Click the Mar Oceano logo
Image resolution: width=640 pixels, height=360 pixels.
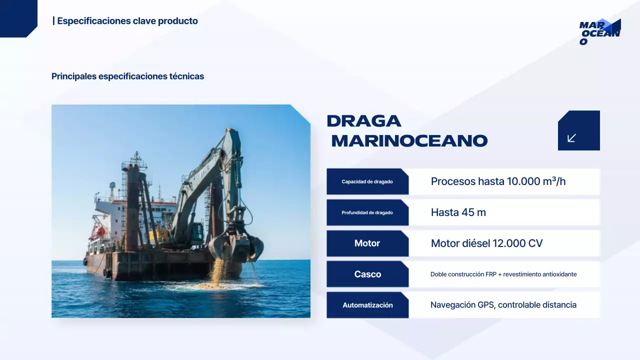tap(599, 31)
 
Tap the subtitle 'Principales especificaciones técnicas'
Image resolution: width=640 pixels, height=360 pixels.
tap(127, 76)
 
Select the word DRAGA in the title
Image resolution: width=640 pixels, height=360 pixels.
tap(364, 121)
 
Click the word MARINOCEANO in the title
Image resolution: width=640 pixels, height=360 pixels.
tap(409, 141)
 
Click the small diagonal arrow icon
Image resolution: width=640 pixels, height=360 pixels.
tap(572, 138)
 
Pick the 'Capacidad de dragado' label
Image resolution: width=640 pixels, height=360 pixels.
tap(367, 181)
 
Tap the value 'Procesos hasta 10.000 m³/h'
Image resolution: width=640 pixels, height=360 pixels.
tap(498, 181)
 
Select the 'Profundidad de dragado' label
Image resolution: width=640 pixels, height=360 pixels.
tap(367, 212)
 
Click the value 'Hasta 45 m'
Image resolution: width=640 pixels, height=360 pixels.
tap(458, 212)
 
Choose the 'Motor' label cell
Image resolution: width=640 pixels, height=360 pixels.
tap(367, 243)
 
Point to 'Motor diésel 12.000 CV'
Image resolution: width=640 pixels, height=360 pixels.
tap(486, 243)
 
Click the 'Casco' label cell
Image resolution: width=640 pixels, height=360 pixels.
tap(367, 274)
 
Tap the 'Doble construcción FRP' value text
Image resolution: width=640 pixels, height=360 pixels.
tap(503, 274)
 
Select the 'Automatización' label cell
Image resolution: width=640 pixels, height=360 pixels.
tap(367, 305)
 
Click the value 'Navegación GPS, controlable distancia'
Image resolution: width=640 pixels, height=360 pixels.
tap(503, 305)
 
